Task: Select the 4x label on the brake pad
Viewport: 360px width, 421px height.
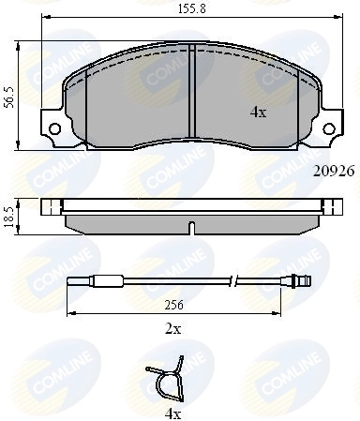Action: point(259,112)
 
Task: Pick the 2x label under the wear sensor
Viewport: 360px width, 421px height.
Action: point(173,330)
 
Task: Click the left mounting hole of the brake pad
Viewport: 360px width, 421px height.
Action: point(55,129)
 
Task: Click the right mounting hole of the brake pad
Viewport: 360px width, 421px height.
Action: point(331,129)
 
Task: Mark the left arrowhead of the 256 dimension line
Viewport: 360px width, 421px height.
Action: point(67,311)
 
